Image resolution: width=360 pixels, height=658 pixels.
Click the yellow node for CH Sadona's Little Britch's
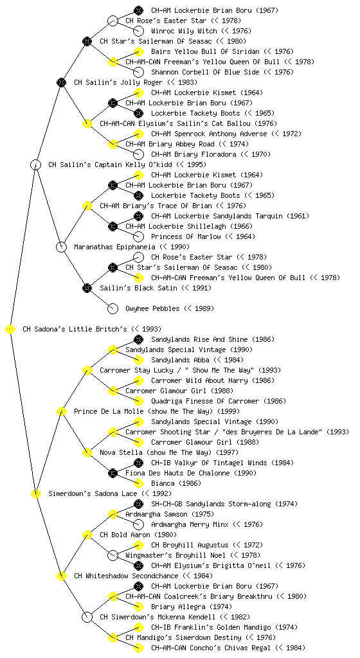coord(10,329)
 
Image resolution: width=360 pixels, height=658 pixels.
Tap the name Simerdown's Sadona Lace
coord(93,493)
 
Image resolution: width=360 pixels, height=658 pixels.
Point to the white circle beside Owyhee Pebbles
coord(113,308)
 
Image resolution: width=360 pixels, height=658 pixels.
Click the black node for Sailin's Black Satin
coord(87,288)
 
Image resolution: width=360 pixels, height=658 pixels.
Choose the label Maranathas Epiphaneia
coord(114,247)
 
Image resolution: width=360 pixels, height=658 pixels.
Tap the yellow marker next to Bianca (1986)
coord(138,483)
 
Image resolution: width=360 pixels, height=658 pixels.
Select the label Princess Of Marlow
coord(186,236)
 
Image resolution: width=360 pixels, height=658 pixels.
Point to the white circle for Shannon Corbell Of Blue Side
coord(138,72)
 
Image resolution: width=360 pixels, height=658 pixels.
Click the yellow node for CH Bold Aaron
coord(87,535)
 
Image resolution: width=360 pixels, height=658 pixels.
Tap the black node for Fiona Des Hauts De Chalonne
coord(113,473)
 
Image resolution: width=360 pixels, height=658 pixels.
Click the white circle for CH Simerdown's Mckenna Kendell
coord(87,617)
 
